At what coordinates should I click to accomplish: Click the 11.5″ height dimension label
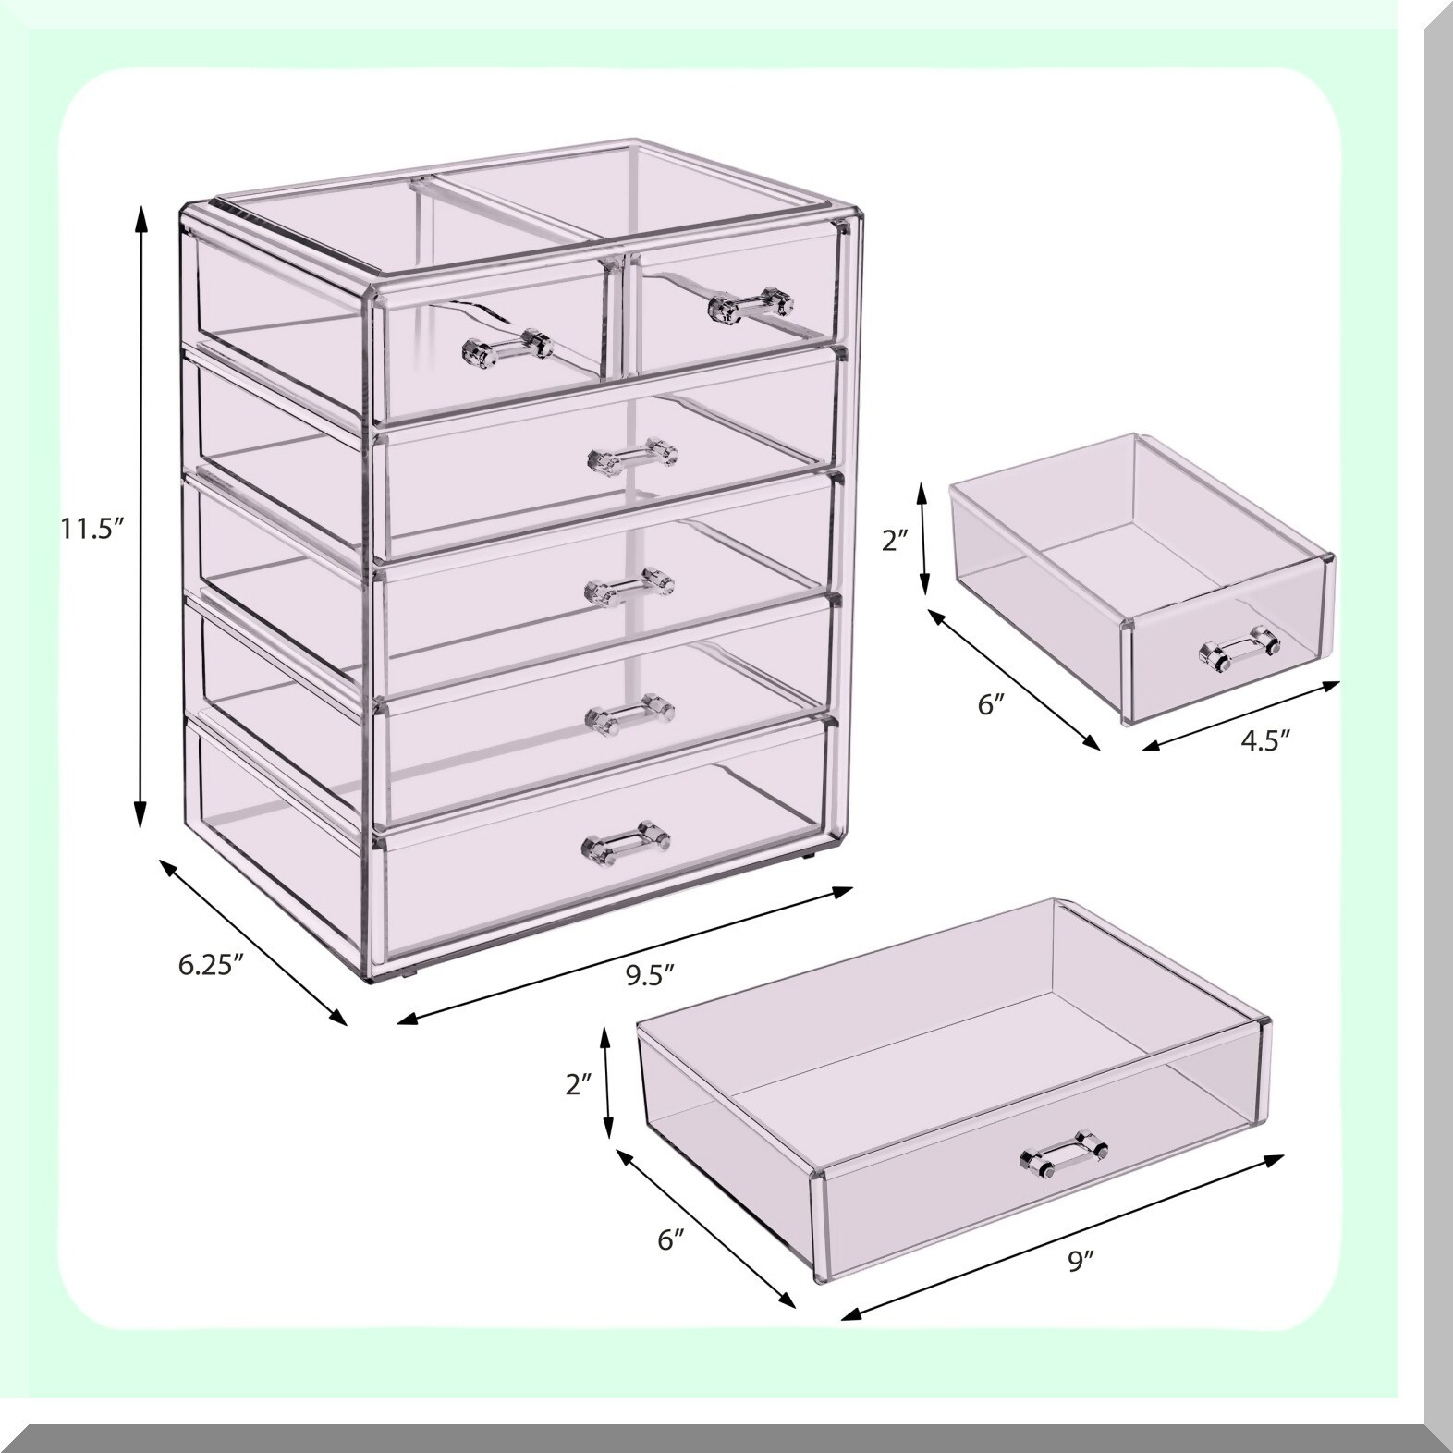pos(91,529)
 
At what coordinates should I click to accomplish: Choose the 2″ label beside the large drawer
pos(580,1085)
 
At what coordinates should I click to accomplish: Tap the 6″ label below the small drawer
pos(990,704)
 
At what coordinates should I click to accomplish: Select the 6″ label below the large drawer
pos(672,1239)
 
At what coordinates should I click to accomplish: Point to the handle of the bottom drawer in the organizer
pos(625,840)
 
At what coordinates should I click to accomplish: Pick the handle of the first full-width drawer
pos(633,456)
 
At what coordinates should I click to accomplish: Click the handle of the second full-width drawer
pos(630,585)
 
